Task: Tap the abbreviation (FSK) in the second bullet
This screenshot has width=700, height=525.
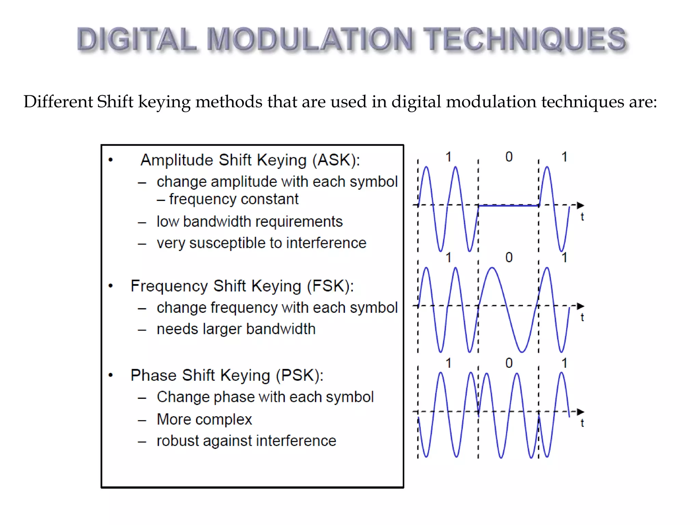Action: coord(330,286)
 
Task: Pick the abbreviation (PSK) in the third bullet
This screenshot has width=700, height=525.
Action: coord(299,375)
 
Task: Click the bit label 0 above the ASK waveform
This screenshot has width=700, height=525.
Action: coord(509,157)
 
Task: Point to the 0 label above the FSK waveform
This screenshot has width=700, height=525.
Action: coord(509,257)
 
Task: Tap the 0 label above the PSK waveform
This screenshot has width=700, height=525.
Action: coord(509,363)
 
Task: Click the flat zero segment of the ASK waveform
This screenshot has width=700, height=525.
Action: coord(508,206)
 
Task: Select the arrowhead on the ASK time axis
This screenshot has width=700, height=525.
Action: coord(580,205)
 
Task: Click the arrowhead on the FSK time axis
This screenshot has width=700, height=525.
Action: coord(580,306)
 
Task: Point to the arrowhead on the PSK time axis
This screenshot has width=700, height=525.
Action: coord(580,412)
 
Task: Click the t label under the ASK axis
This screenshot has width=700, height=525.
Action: coord(582,217)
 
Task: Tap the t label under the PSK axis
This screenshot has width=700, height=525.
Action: coord(582,423)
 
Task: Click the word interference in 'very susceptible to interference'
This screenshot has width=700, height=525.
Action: coord(326,243)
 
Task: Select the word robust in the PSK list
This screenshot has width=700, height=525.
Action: coord(177,441)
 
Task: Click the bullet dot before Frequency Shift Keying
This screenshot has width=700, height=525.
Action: coord(110,286)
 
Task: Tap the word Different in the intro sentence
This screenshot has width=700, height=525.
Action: coord(58,102)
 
